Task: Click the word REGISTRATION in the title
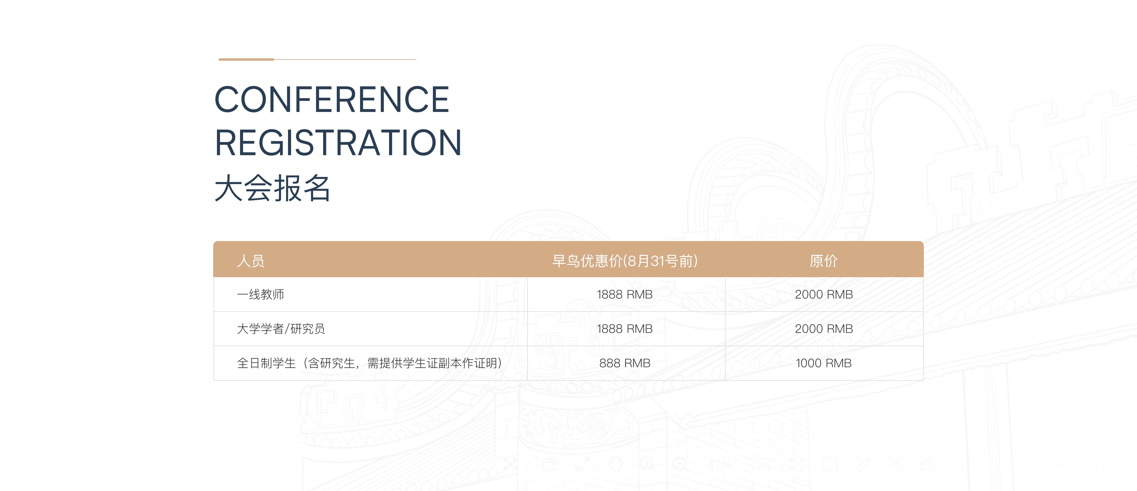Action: [338, 143]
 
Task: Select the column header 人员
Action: [251, 261]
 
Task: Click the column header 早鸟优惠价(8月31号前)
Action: [625, 261]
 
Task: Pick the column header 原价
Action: [824, 261]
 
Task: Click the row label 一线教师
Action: [260, 295]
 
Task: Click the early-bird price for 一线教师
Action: [625, 295]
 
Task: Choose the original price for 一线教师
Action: [824, 295]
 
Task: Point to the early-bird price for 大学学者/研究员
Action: [625, 329]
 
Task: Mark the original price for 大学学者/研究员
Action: [824, 329]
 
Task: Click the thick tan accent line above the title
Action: [246, 59]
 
